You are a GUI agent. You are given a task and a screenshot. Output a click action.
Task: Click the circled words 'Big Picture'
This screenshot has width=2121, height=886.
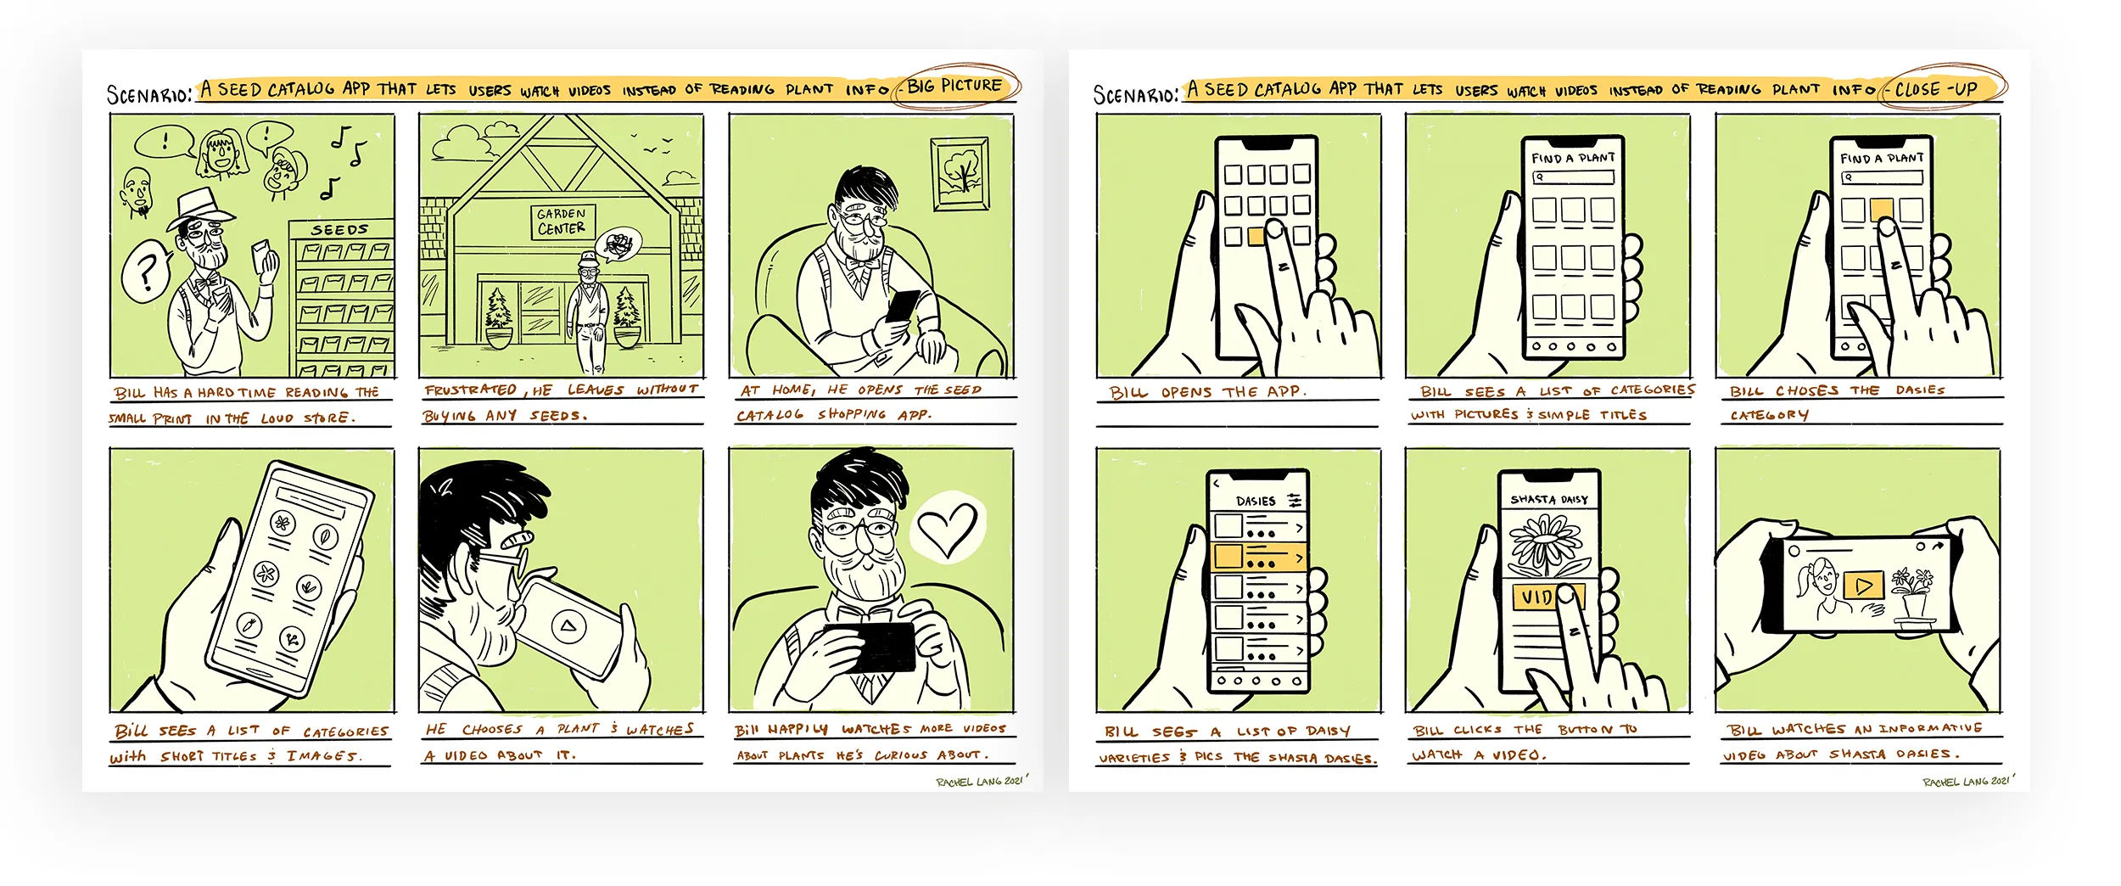point(955,86)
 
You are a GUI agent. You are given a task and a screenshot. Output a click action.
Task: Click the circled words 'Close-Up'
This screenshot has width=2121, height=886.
point(1937,88)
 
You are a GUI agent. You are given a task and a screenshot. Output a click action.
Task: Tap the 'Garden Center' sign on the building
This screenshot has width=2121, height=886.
point(561,222)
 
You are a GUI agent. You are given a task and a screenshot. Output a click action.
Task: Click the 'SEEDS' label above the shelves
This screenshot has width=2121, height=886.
point(339,230)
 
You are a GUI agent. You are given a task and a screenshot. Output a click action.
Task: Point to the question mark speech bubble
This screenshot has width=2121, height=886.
point(146,272)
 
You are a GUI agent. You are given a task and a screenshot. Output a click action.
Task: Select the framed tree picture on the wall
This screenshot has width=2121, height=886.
point(960,174)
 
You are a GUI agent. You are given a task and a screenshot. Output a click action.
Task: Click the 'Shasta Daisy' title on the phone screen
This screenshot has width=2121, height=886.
point(1548,499)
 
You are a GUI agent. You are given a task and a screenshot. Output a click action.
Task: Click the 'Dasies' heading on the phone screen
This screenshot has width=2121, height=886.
point(1256,501)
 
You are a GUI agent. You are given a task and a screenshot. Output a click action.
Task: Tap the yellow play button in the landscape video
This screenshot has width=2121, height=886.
point(1863,586)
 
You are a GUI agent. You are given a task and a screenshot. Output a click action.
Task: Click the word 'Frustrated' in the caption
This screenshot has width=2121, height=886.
point(470,390)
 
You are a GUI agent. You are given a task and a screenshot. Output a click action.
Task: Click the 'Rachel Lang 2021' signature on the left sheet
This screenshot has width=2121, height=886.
point(981,781)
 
